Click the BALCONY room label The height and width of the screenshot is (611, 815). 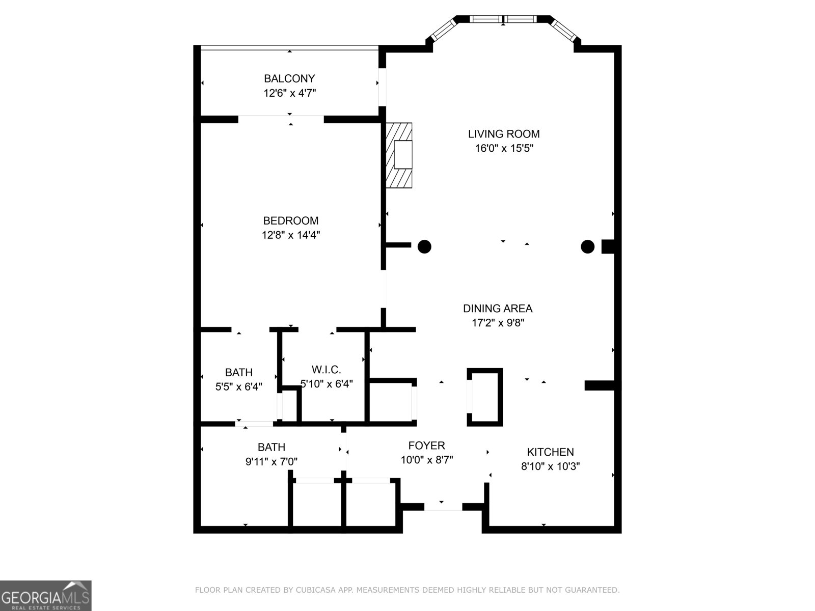[289, 78]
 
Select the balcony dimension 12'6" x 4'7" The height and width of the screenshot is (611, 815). [289, 93]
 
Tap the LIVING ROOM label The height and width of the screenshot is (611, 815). [504, 134]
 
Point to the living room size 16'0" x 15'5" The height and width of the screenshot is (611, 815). [504, 149]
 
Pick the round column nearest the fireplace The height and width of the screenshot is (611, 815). [424, 247]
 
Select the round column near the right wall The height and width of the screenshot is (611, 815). [587, 247]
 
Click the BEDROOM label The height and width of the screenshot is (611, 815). [290, 220]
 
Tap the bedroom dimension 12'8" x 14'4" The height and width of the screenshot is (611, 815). [290, 235]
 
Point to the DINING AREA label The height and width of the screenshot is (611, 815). [498, 308]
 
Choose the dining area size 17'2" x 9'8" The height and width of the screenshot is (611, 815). [498, 323]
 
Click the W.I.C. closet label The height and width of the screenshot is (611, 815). [326, 370]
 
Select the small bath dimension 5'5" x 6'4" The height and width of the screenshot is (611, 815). [238, 387]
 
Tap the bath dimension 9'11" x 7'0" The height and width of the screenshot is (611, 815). [271, 462]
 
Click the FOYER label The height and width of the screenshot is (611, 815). [426, 446]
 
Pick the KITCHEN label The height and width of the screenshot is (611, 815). [550, 452]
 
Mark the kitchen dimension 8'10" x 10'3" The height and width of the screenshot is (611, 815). [550, 466]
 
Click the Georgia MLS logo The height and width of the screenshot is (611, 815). [46, 596]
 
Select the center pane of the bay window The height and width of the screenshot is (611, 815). [503, 19]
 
